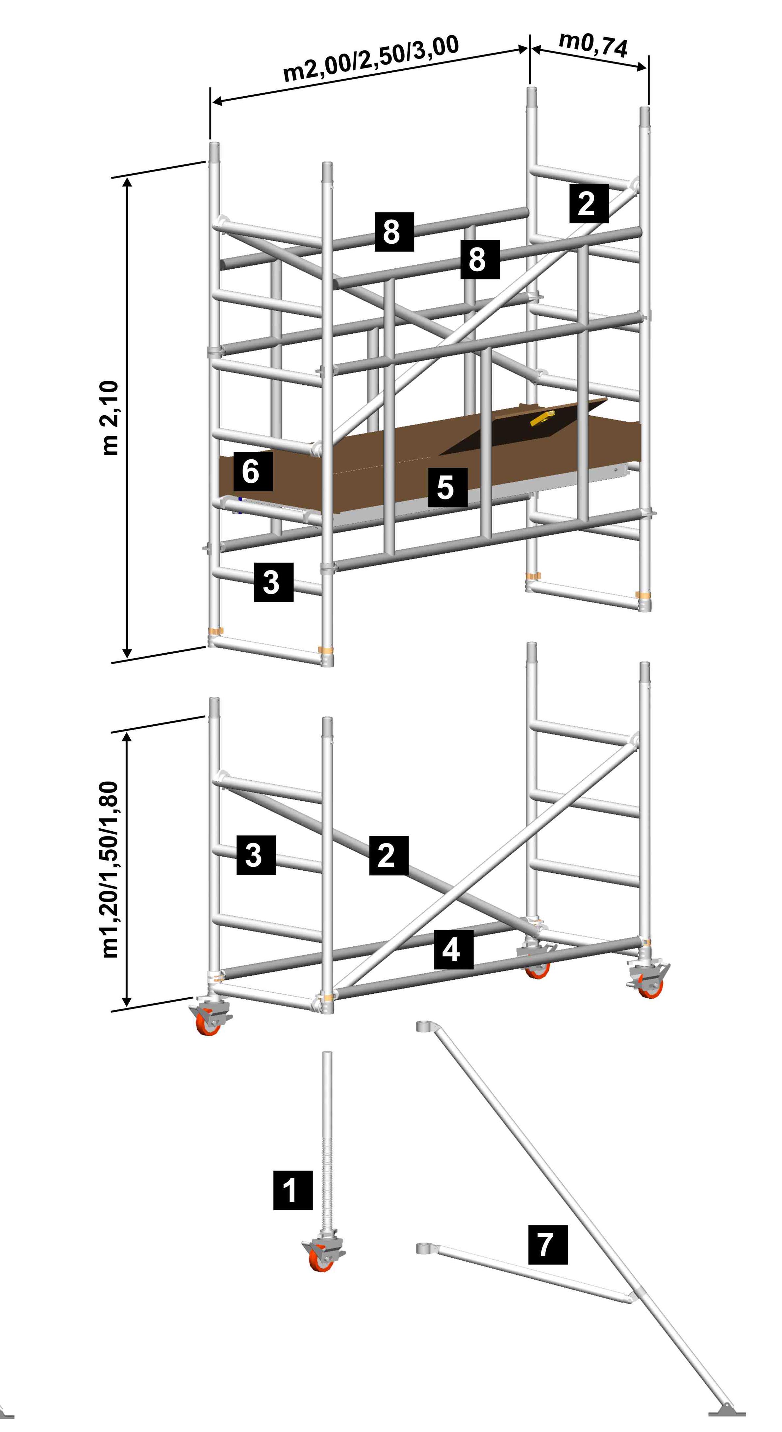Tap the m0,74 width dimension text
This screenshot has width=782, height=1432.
click(593, 44)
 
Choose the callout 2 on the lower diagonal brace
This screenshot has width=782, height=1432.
click(389, 855)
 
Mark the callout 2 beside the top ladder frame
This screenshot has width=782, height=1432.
click(589, 204)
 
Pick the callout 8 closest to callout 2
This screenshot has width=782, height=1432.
click(479, 259)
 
